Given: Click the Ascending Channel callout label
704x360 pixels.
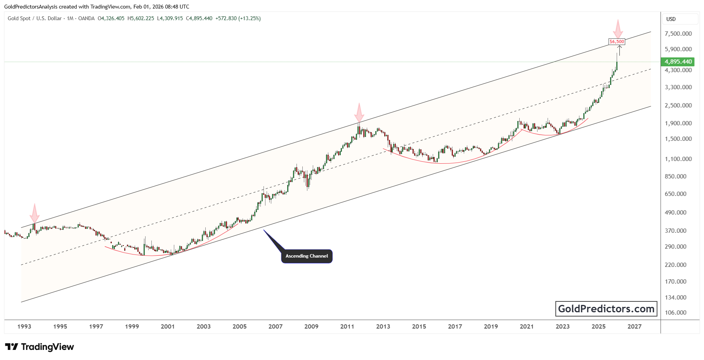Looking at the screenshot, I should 307,256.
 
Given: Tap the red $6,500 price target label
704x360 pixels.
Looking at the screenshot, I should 617,42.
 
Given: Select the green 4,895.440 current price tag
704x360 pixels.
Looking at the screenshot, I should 678,62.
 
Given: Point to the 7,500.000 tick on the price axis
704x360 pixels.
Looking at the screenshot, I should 678,34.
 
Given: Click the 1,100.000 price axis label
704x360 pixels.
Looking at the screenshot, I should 678,159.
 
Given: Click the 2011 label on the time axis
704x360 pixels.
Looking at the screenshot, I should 347,327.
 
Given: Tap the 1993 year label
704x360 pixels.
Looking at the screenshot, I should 24,327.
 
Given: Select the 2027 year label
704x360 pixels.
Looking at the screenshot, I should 635,327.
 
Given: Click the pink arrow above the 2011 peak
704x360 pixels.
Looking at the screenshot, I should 359,113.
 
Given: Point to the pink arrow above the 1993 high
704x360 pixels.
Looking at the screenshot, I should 35,213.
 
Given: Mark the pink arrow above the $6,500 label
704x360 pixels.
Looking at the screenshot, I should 618,29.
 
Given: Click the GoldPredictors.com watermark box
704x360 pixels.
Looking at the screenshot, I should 606,309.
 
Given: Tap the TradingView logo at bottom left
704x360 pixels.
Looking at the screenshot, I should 39,347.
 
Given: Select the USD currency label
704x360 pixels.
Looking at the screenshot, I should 671,19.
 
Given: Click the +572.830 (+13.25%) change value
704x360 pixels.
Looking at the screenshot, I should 238,18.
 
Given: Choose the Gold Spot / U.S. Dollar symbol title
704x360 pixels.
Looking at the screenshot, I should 35,18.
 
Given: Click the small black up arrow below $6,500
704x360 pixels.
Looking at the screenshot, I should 619,50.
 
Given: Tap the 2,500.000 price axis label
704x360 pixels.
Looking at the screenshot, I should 678,106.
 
